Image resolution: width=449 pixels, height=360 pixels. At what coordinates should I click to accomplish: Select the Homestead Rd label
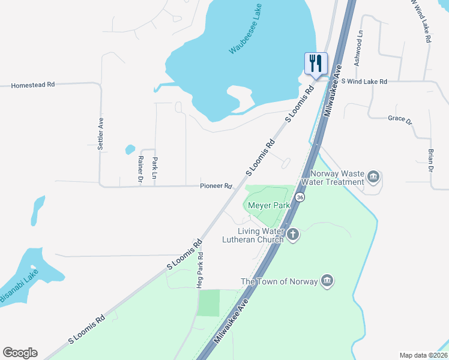pos(33,85)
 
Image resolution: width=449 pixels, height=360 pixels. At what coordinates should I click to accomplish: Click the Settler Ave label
pos(101,133)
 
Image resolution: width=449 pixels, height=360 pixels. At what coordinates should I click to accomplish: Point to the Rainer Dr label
pos(140,169)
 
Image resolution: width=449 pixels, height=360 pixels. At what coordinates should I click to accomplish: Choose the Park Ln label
pos(154,168)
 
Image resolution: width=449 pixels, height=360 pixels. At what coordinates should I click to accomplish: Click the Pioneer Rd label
pos(216,187)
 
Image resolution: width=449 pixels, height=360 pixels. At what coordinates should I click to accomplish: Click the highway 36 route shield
pos(300,197)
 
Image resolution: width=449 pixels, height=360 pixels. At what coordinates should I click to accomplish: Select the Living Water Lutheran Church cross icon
pos(293,234)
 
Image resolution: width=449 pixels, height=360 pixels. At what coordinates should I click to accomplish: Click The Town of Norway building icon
pos(327,281)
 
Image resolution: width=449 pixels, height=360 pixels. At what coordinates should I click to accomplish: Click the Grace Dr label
pos(400,119)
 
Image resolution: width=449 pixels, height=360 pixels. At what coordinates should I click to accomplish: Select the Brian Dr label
pos(430,160)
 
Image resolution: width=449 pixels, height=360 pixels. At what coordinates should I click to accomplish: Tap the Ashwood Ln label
pos(359,49)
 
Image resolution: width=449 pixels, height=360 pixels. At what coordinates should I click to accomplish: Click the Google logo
pos(20,353)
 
